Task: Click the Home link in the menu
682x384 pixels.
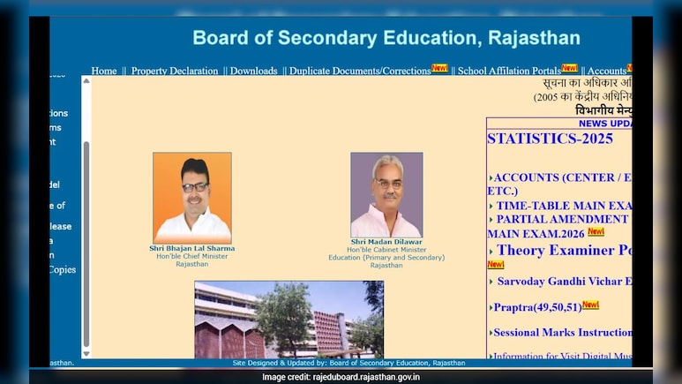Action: pyautogui.click(x=104, y=71)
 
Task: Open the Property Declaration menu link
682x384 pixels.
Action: pyautogui.click(x=175, y=71)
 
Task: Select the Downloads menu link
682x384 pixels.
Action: pyautogui.click(x=253, y=71)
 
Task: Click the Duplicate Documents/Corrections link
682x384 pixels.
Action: pyautogui.click(x=360, y=71)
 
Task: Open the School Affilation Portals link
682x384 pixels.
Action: pyautogui.click(x=509, y=71)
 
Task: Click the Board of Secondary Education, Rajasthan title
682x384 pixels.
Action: pyautogui.click(x=386, y=38)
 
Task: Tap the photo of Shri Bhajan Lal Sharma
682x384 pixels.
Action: pyautogui.click(x=192, y=197)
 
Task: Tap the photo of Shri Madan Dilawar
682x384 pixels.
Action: pyautogui.click(x=386, y=194)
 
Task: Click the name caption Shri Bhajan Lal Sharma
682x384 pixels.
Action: pyautogui.click(x=192, y=248)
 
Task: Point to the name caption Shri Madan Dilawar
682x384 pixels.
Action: pyautogui.click(x=386, y=241)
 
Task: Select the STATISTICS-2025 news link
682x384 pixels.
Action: pyautogui.click(x=550, y=139)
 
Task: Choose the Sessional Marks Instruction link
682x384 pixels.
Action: pyautogui.click(x=562, y=333)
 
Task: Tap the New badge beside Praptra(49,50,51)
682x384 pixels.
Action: pyautogui.click(x=590, y=305)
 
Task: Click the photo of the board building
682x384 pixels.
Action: pyautogui.click(x=289, y=319)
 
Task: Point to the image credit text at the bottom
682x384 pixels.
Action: pyautogui.click(x=341, y=377)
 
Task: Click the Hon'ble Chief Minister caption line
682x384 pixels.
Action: pyautogui.click(x=191, y=256)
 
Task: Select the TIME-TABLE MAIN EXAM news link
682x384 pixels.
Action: pyautogui.click(x=563, y=206)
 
